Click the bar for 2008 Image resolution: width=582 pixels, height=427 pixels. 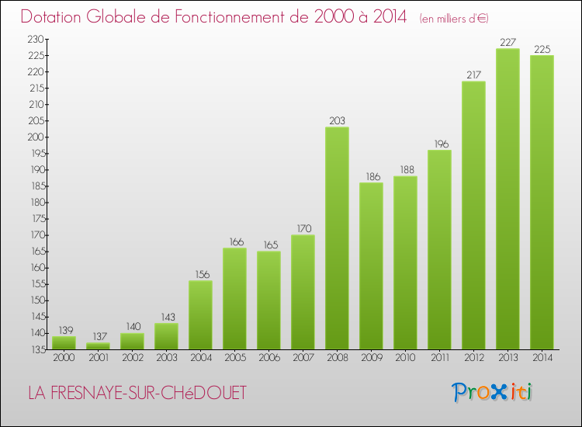(x=337, y=238)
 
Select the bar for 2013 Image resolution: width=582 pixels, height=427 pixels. (x=508, y=199)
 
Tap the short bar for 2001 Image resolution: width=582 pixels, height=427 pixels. (x=98, y=346)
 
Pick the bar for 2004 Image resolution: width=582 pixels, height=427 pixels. (x=200, y=315)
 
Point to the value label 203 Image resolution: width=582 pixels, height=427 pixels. (x=337, y=120)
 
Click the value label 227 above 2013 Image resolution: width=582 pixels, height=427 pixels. (x=508, y=43)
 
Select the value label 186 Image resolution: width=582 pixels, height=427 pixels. (x=373, y=177)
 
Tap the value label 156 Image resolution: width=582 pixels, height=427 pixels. (x=203, y=274)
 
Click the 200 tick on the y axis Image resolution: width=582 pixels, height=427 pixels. (x=36, y=137)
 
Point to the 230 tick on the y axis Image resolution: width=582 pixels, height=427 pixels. (x=36, y=39)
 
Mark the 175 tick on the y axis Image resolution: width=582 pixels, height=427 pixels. (x=38, y=219)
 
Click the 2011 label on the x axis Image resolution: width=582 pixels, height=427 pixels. (x=440, y=358)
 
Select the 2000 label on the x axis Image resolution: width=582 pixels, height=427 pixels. (x=64, y=358)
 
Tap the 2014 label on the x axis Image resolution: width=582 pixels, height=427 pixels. (x=542, y=358)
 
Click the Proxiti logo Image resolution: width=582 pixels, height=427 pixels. (x=492, y=392)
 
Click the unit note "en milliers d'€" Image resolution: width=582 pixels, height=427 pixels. (x=454, y=19)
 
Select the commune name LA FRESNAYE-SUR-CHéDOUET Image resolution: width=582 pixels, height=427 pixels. (x=137, y=393)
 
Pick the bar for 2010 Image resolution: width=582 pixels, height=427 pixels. (x=405, y=263)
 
